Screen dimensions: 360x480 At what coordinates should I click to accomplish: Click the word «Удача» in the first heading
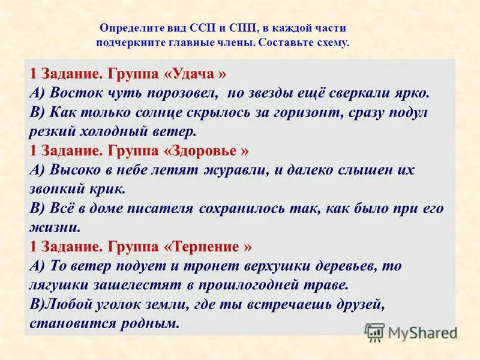(196, 75)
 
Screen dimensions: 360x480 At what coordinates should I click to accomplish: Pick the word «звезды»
(277, 94)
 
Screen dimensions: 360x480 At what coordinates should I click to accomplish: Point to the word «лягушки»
(59, 284)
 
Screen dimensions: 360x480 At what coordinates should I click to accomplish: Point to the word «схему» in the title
(330, 43)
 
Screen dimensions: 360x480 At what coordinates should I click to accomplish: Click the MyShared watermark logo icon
(374, 332)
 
